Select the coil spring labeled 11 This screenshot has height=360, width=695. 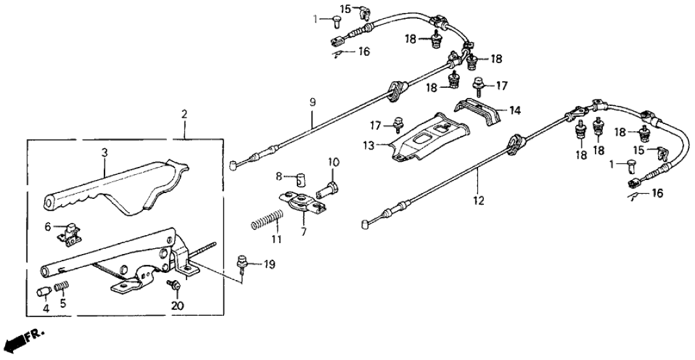[268, 220]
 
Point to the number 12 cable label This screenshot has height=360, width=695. [479, 201]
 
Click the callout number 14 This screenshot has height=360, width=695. [515, 110]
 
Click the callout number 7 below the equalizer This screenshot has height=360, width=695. [303, 232]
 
